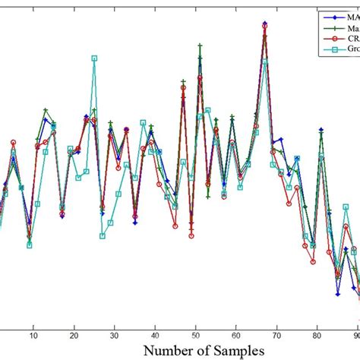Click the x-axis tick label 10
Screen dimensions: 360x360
(x=33, y=335)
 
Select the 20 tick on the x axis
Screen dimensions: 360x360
(x=74, y=335)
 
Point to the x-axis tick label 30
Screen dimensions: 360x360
(x=114, y=335)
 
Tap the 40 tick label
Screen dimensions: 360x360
(x=155, y=335)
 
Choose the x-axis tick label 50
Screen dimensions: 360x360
(x=195, y=335)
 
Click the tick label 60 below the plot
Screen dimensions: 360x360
(x=236, y=335)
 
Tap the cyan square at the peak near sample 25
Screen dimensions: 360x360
(x=94, y=58)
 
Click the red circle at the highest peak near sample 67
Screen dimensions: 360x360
(x=264, y=27)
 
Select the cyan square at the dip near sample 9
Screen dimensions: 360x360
(x=30, y=245)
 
